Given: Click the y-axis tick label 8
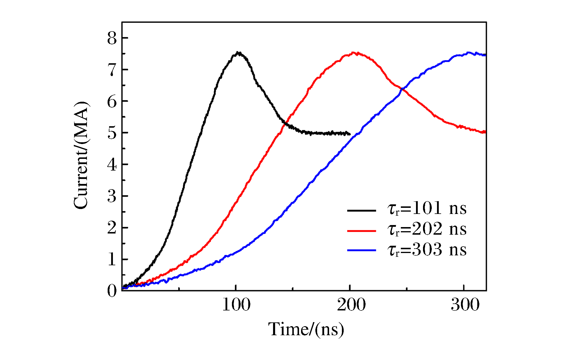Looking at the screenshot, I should pyautogui.click(x=112, y=38).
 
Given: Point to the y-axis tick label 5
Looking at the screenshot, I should pyautogui.click(x=112, y=133).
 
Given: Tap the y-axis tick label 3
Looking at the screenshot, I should pyautogui.click(x=112, y=196).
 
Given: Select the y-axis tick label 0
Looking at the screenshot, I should pyautogui.click(x=112, y=291).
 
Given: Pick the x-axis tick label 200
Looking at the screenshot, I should pyautogui.click(x=351, y=305).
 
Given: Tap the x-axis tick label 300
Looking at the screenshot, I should pyautogui.click(x=465, y=305).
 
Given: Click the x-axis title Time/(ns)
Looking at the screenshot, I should pyautogui.click(x=306, y=329).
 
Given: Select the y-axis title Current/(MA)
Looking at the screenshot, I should pyautogui.click(x=81, y=155).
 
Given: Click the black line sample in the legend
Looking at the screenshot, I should pyautogui.click(x=361, y=210).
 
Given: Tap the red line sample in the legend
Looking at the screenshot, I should pyautogui.click(x=361, y=231).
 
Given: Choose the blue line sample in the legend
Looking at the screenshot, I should pyautogui.click(x=361, y=250).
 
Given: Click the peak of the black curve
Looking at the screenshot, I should pyautogui.click(x=238, y=53).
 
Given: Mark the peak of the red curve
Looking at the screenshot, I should pyautogui.click(x=354, y=53).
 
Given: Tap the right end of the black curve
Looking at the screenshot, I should pyautogui.click(x=349, y=134).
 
